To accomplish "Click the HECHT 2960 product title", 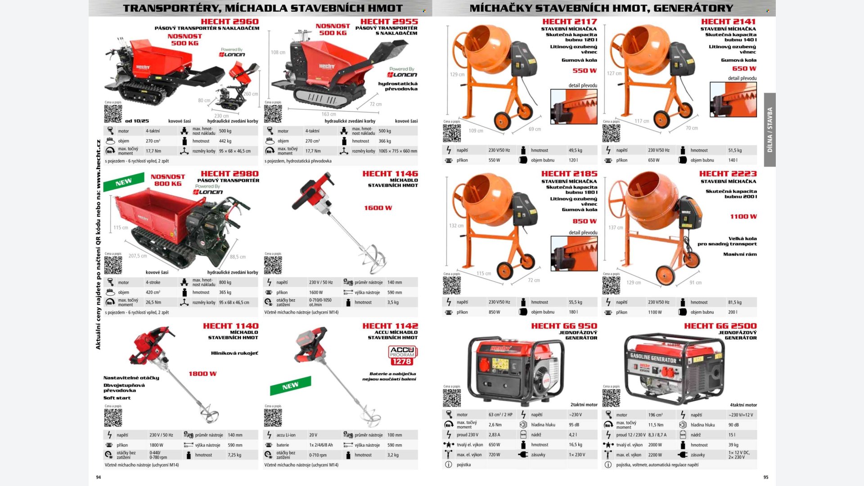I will point(229,22).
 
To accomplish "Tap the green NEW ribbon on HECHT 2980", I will point(123,182).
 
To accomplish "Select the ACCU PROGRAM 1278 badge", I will point(402,355).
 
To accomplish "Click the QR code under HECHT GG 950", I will point(452,398).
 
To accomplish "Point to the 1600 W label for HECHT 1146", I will point(378,208).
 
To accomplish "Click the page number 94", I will point(99,477).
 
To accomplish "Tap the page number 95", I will point(766,477).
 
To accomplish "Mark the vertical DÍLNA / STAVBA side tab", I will point(770,130).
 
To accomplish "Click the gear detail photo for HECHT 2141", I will point(733,99).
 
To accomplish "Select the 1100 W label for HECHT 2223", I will point(743,216).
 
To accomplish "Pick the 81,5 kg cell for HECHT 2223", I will point(735,302).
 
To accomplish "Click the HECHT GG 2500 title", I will point(720,326).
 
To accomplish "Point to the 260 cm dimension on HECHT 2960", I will point(251,94).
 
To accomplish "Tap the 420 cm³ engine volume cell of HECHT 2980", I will point(153,292).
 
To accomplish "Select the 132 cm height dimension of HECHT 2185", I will point(456,226).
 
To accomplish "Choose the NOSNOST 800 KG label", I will point(168,180).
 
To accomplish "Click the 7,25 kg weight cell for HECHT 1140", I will point(234,455).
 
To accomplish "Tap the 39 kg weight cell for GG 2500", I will point(733,445).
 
